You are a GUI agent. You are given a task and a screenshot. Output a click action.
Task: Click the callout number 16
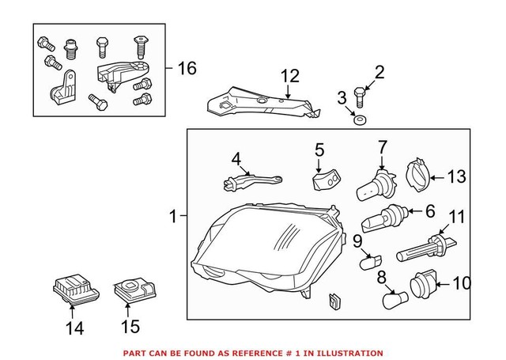click(186, 69)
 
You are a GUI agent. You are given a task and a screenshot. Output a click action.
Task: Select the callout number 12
click(290, 76)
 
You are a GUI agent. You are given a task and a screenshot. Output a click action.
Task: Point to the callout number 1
click(174, 214)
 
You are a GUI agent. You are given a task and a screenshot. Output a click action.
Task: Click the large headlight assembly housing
click(269, 245)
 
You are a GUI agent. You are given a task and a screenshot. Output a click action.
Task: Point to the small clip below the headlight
click(333, 301)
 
